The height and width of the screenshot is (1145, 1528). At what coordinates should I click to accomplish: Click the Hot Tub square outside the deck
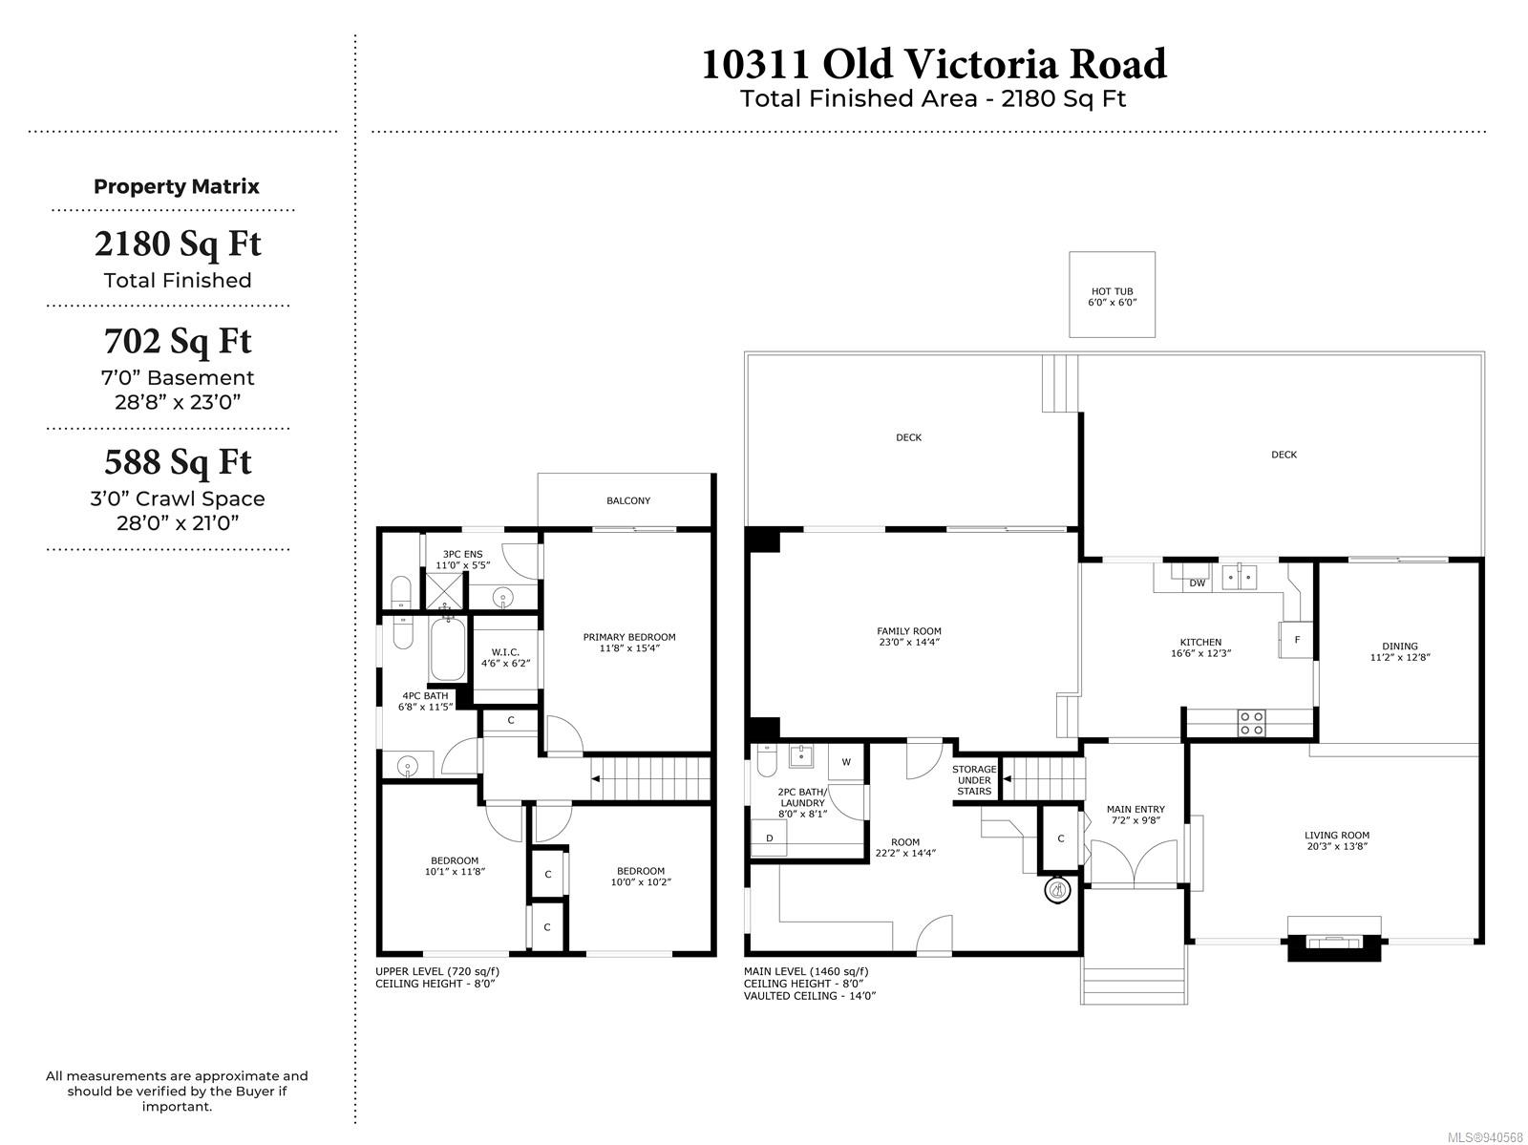click(x=1111, y=294)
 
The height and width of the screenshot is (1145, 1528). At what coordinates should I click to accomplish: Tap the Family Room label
click(x=908, y=631)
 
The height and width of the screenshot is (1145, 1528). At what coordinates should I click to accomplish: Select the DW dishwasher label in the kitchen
click(x=1197, y=583)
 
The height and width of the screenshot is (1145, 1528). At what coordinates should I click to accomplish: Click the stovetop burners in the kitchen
click(x=1251, y=723)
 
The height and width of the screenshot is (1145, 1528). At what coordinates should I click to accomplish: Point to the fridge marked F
click(x=1296, y=640)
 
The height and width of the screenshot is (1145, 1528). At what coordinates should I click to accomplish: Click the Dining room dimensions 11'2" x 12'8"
click(x=1399, y=657)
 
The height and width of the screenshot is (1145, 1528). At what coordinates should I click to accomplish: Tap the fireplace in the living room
click(x=1333, y=940)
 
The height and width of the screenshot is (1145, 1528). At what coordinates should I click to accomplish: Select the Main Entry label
click(x=1135, y=809)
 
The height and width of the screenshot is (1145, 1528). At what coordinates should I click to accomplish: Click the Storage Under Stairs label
click(x=974, y=779)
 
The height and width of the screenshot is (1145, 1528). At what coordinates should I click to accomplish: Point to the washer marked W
click(x=846, y=761)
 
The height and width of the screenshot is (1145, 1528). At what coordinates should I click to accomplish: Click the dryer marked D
click(x=769, y=838)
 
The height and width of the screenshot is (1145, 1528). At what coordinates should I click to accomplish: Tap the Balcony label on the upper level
click(x=627, y=500)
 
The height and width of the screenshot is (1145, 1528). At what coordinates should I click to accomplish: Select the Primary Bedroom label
click(x=628, y=637)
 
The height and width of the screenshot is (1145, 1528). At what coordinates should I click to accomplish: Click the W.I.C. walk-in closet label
click(x=504, y=652)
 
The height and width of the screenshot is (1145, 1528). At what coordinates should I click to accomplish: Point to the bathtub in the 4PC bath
click(x=448, y=649)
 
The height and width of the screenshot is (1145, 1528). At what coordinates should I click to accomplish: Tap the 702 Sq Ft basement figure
click(x=178, y=341)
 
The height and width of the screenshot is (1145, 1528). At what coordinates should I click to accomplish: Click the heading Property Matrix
click(x=176, y=186)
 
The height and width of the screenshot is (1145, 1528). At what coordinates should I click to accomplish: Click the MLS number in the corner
click(x=1485, y=1136)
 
